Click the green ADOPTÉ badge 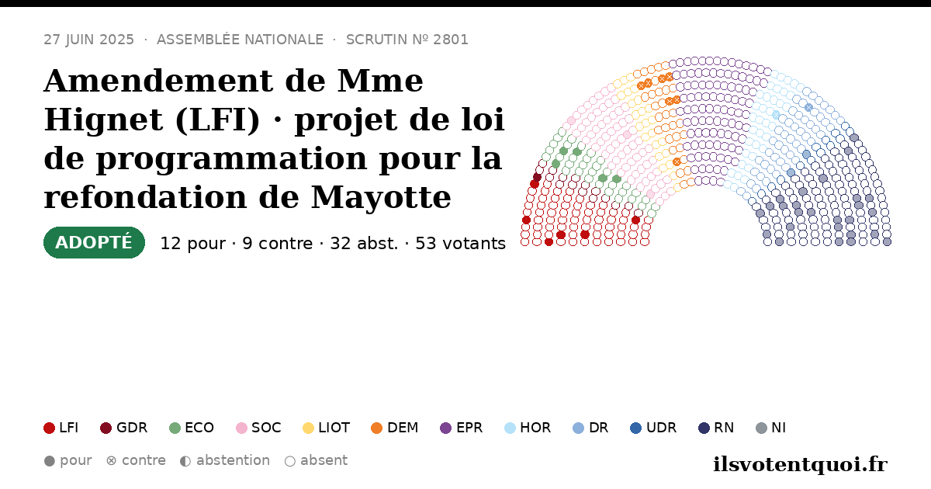pos(94,242)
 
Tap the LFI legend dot pos(49,428)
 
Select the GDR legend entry pos(124,428)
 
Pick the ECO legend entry pos(192,428)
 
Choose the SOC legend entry pos(258,428)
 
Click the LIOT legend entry pos(327,428)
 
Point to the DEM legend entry pos(394,428)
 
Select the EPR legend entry pos(462,428)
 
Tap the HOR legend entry pos(528,428)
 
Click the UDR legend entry pos(653,428)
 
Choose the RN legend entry pos(716,428)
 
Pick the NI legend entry pos(771,428)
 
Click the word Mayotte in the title pos(381,197)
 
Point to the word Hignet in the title pos(103,120)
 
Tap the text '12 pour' pos(193,244)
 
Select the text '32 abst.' pos(364,244)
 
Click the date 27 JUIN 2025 pos(89,40)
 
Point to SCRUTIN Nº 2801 pos(407,40)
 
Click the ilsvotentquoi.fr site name pos(800,465)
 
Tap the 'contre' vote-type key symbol pos(111,461)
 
